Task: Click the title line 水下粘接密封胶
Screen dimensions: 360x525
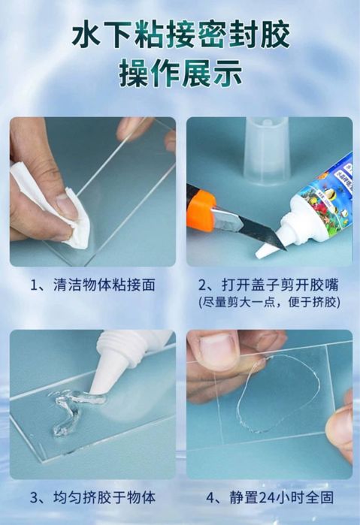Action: (181, 34)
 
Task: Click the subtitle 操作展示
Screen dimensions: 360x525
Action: (180, 73)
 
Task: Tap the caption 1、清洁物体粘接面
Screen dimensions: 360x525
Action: (93, 285)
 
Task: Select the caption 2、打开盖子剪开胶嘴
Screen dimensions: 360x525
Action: (268, 285)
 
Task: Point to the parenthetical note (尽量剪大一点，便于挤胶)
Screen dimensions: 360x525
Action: (269, 303)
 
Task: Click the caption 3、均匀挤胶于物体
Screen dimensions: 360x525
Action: (93, 497)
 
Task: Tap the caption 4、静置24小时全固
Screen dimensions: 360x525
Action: (270, 497)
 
